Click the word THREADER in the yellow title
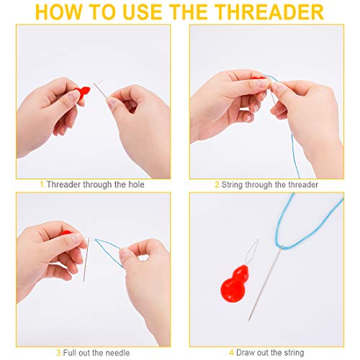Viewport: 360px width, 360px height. [x=269, y=12]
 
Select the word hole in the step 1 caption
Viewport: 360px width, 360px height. [x=136, y=184]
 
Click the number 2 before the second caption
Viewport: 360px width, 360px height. [x=217, y=185]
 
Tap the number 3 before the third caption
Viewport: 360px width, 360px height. [x=59, y=353]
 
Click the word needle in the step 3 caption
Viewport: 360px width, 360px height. [x=117, y=353]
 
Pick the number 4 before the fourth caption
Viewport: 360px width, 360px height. [x=232, y=353]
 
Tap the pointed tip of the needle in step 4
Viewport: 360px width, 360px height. [x=249, y=320]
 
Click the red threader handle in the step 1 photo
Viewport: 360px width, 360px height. [x=83, y=92]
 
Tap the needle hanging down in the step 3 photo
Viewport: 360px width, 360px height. [x=86, y=260]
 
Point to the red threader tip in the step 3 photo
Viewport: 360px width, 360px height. [x=66, y=233]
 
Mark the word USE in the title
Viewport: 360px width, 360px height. [x=143, y=12]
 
